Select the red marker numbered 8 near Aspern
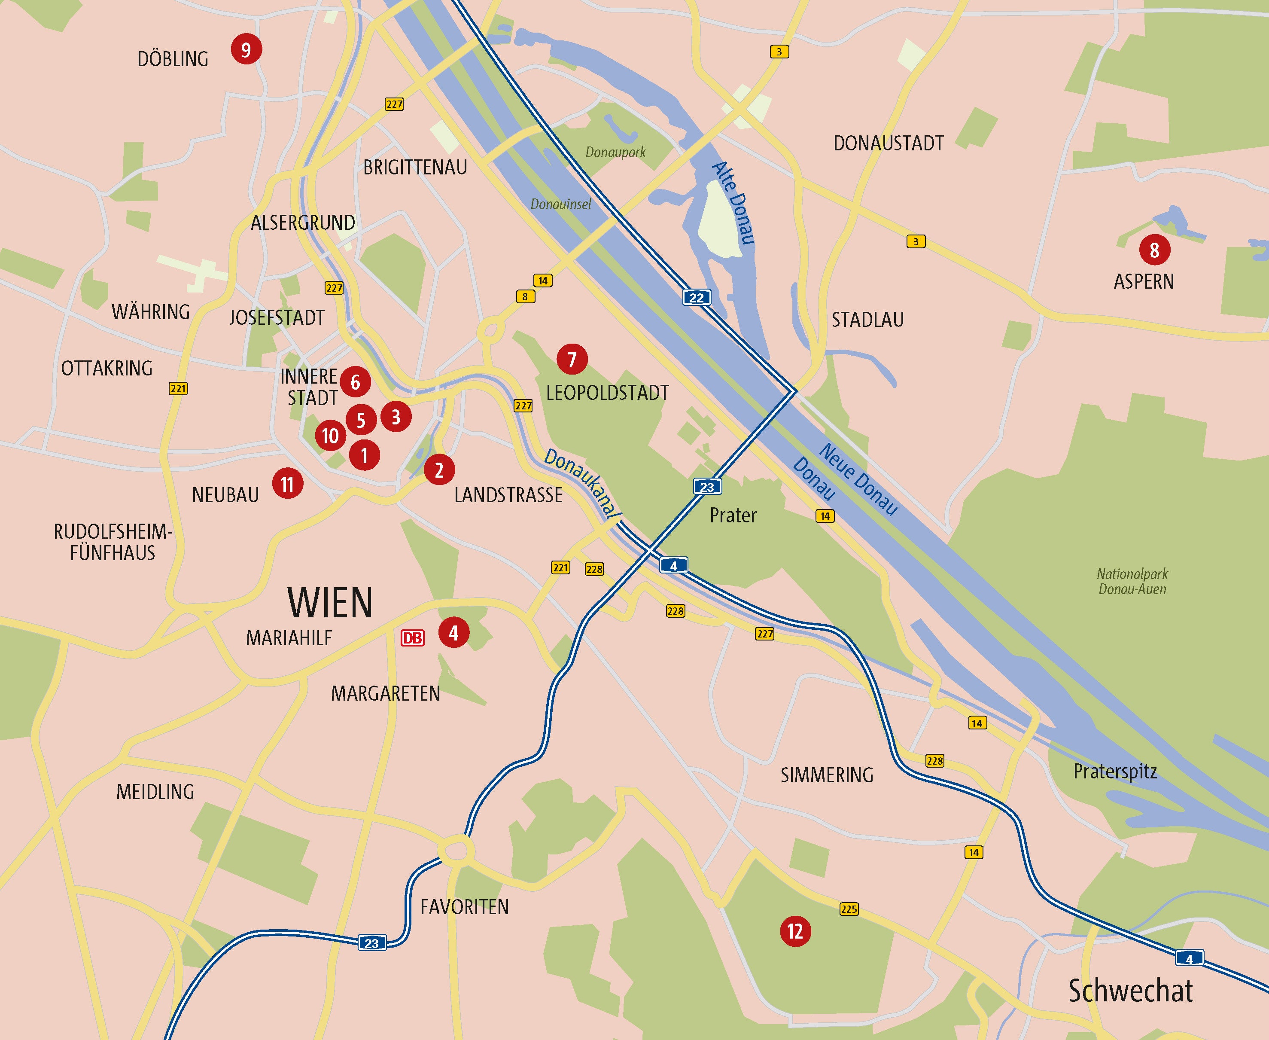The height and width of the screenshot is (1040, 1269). (1154, 250)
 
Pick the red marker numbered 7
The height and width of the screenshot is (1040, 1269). (572, 359)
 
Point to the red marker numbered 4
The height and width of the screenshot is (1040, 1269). (453, 633)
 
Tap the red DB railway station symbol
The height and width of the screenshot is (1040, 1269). (412, 638)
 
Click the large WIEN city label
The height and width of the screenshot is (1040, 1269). (330, 603)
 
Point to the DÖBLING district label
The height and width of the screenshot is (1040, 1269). (173, 59)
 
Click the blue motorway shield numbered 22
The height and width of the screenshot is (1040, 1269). (696, 297)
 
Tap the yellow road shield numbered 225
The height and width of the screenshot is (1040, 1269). (849, 909)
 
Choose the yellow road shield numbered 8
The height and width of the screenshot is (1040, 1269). (525, 296)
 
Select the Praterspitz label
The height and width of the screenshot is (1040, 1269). (1114, 771)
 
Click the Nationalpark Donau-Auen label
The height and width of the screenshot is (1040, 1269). (1132, 581)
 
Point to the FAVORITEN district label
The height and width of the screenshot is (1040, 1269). (464, 906)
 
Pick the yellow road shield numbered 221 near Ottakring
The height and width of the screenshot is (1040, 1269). (178, 388)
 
